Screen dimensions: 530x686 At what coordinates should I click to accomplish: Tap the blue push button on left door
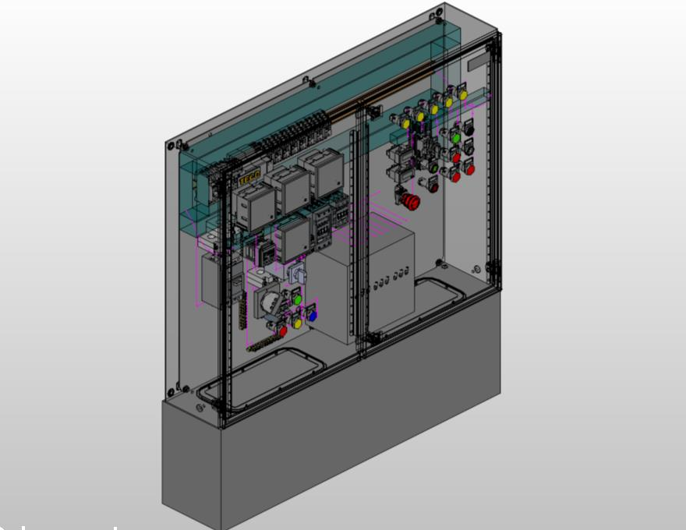tap(313, 316)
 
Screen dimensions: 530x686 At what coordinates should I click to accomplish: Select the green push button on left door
tap(296, 299)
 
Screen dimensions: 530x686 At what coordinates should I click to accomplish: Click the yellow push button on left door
tap(296, 322)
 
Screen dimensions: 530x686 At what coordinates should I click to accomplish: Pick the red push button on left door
tap(282, 330)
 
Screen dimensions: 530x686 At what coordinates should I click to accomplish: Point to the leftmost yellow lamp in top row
tap(405, 123)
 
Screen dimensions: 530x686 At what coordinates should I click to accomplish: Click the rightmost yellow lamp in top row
tap(462, 94)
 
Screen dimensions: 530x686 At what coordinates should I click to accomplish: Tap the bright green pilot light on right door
tap(456, 138)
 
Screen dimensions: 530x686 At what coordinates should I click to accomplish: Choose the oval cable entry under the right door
tap(440, 292)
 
